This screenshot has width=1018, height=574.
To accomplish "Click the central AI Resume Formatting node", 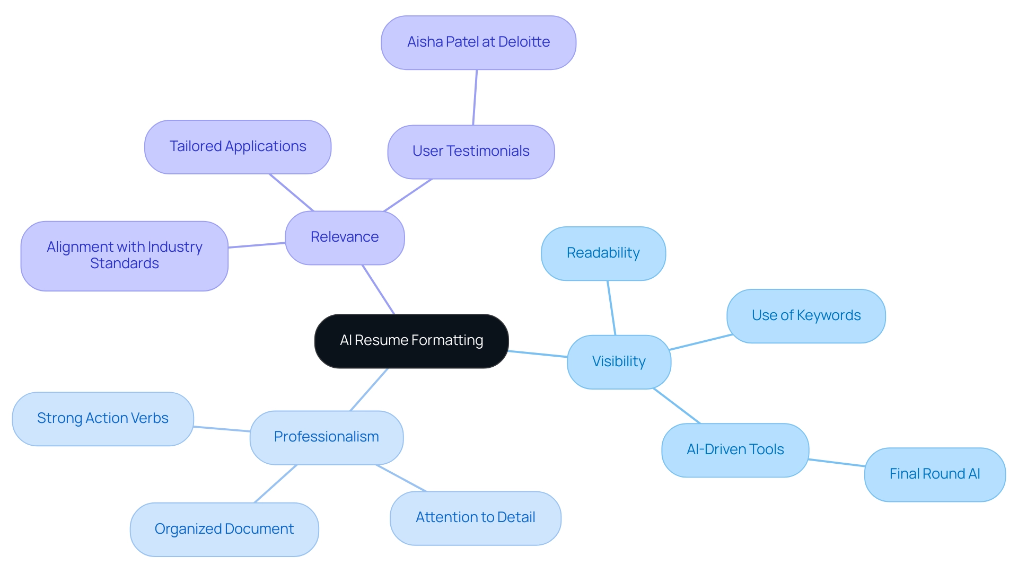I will point(411,341).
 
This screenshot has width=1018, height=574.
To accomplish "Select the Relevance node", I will point(345,237).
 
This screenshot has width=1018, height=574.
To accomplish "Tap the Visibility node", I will point(619,362).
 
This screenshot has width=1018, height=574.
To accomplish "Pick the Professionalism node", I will point(326,437).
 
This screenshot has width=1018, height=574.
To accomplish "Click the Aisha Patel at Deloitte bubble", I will point(478,42).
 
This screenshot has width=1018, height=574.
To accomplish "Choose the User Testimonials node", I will point(471,152).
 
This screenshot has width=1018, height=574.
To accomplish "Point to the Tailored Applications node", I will point(238,147).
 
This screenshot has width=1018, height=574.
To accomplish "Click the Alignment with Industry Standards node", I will point(124,255).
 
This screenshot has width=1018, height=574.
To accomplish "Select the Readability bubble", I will point(603,253).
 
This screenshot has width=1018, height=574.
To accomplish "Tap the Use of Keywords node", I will point(806,316).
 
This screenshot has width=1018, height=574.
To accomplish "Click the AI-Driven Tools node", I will point(735,450).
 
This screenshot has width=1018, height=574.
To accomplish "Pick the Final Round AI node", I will point(934,474).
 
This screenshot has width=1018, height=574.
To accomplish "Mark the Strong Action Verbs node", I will point(102,419).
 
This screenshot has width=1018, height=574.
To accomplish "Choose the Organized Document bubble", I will point(224,529).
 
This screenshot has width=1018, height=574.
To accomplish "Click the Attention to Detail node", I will point(475,518).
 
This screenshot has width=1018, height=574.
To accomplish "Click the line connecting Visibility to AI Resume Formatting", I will point(538,354).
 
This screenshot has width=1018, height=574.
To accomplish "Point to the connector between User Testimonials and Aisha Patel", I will point(475,98).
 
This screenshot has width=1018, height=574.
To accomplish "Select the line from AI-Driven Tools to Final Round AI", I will point(837,463).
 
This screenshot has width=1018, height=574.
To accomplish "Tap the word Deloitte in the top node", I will point(524,42).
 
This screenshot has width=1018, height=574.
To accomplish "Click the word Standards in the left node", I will point(125,263).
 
